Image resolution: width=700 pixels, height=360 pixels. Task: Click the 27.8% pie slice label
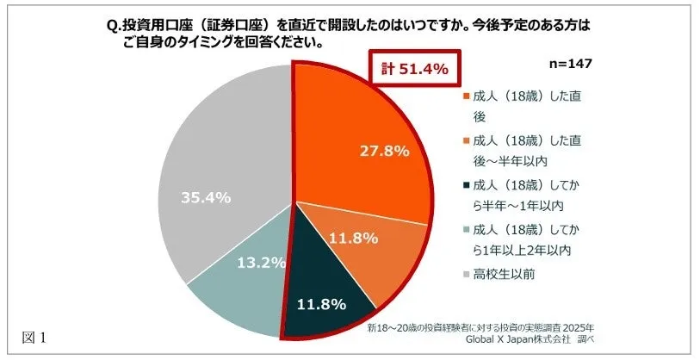tap(383, 150)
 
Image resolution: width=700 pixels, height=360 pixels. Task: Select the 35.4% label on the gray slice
tap(206, 197)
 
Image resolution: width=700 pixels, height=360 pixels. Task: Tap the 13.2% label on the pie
tap(258, 262)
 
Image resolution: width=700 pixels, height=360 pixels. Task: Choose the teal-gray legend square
tap(466, 230)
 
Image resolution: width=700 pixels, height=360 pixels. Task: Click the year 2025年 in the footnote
tap(578, 328)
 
